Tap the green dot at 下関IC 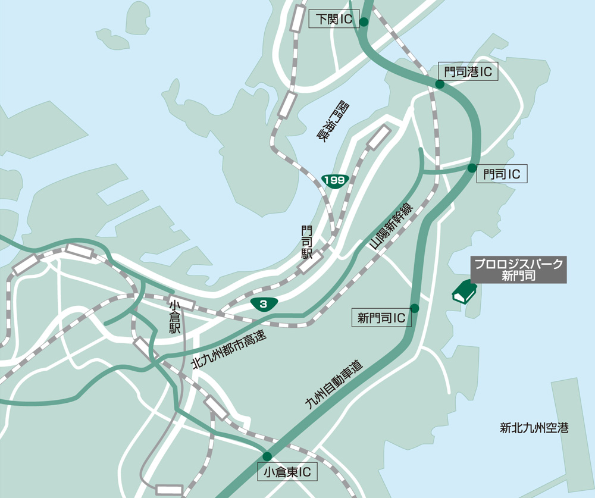click(x=364, y=22)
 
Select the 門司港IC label click(x=468, y=72)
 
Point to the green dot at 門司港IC click(x=440, y=84)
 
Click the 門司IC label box click(x=502, y=174)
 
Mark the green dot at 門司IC click(x=472, y=168)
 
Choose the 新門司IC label click(x=381, y=318)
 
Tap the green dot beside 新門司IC click(x=415, y=308)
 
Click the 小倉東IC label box click(x=287, y=472)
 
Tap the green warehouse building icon click(x=464, y=292)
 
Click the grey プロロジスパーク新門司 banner click(x=518, y=270)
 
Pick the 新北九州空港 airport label click(x=534, y=427)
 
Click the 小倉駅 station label click(x=174, y=317)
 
